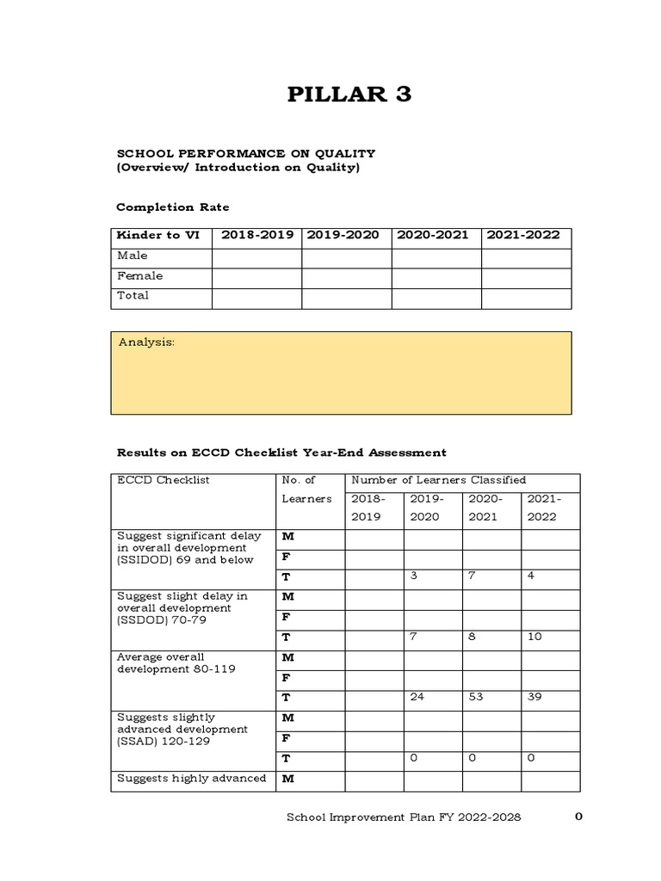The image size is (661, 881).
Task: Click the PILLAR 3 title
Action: point(349,95)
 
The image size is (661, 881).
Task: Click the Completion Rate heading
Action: point(173,207)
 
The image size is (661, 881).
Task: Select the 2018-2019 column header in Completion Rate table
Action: point(256,235)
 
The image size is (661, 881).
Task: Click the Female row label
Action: point(139,276)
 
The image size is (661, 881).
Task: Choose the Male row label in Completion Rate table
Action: point(133,256)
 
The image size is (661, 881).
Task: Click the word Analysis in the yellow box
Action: point(146,342)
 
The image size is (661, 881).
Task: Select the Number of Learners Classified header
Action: point(438,480)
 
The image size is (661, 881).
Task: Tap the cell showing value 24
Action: point(417,697)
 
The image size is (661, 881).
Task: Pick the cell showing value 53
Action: point(476,697)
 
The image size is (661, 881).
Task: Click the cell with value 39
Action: point(534,697)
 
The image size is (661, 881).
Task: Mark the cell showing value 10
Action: point(534,637)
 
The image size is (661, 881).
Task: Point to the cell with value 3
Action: point(414,576)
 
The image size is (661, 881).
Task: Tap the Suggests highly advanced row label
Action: point(191,779)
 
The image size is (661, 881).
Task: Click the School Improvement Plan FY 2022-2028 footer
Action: point(403,817)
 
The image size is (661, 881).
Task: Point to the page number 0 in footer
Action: point(578,817)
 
